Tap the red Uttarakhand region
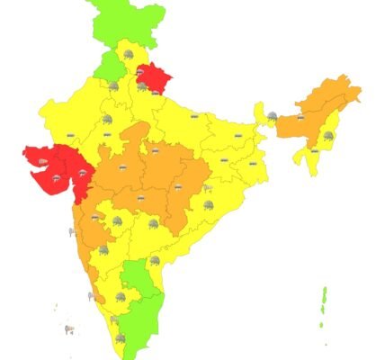point(161,78)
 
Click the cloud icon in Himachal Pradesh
point(131,56)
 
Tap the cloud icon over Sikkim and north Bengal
point(272,115)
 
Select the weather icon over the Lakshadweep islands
point(69,329)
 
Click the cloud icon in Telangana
point(154,222)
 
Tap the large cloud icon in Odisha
point(210,205)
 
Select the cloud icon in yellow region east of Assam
point(328,135)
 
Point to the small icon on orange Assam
point(300,117)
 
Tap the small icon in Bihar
point(238,136)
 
